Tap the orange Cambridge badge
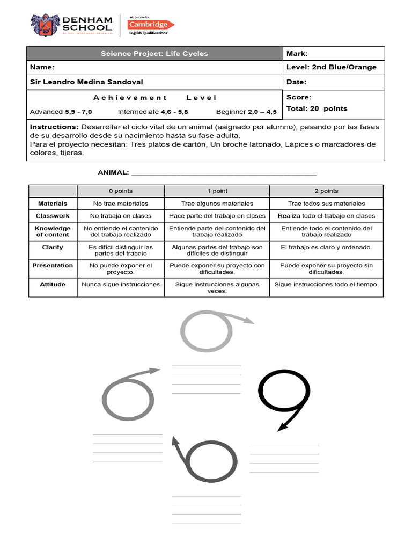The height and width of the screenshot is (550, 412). [148, 24]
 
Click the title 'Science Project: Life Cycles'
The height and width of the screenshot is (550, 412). [154, 54]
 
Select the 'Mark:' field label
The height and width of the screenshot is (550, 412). [297, 54]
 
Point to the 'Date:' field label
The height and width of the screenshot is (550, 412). [297, 82]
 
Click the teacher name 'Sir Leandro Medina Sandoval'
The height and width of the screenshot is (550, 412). [87, 82]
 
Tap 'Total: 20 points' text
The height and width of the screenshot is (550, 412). [317, 108]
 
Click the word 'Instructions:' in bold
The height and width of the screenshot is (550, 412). [54, 127]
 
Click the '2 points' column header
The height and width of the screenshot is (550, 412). [326, 191]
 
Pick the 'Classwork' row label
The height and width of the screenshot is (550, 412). [53, 216]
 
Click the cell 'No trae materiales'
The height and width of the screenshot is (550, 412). [121, 204]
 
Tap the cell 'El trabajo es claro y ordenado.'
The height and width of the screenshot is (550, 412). [326, 247]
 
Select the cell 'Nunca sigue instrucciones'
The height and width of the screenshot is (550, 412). [121, 284]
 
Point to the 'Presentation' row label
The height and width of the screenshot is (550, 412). [53, 265]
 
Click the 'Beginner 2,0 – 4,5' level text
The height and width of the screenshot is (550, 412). [246, 112]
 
